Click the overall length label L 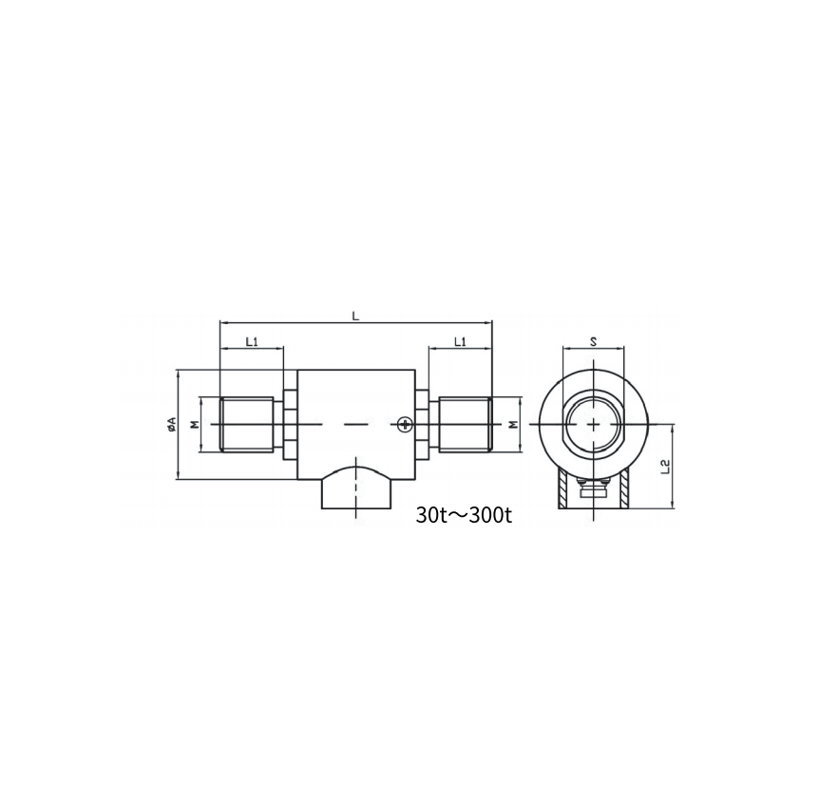[x=355, y=316]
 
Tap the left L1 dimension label [x=252, y=341]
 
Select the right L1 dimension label [x=460, y=341]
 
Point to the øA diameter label [x=171, y=424]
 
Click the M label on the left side [x=195, y=425]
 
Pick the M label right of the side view [x=513, y=425]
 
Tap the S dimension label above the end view [x=593, y=341]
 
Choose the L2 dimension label [x=665, y=466]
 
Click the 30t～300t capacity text [x=464, y=515]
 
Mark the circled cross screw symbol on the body [x=406, y=425]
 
